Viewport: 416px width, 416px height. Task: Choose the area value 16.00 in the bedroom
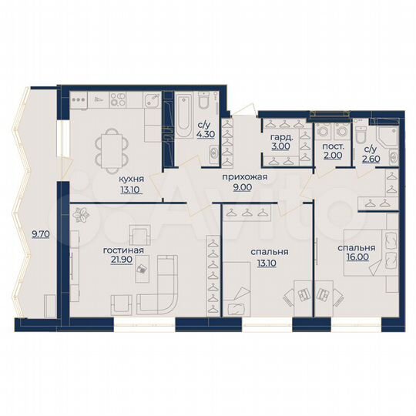356,260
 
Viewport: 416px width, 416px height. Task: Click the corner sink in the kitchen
153,99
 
